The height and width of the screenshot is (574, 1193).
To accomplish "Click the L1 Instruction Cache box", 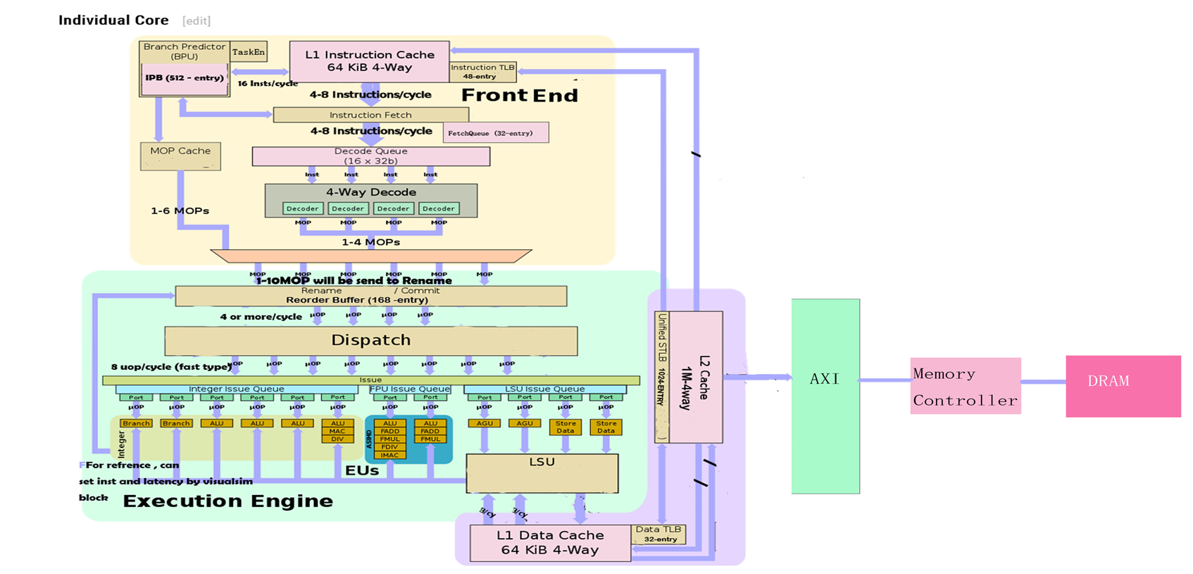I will click(370, 61).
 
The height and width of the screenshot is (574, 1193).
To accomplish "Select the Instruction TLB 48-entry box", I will click(482, 72).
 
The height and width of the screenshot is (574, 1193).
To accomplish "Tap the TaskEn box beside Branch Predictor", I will click(249, 51).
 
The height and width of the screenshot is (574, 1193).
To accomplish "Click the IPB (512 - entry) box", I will click(185, 78).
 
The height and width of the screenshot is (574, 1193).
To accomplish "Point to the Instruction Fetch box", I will click(370, 115).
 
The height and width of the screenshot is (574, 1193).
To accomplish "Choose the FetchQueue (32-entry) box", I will click(495, 133).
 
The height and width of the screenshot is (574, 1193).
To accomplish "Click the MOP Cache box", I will click(180, 156).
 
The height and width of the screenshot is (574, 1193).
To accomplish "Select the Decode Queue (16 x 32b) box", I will click(370, 156).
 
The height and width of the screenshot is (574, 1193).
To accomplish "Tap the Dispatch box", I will click(370, 340).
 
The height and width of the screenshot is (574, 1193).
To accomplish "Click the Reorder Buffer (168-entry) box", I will click(370, 296).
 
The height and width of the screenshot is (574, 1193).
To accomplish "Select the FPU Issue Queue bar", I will click(410, 389).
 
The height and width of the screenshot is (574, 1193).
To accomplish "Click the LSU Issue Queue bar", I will click(544, 389).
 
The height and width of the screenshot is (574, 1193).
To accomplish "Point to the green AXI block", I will click(825, 396).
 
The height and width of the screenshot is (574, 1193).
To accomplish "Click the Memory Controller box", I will click(965, 386).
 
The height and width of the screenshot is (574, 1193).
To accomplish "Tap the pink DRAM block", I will click(1123, 386).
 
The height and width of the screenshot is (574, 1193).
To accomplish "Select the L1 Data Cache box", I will click(550, 543).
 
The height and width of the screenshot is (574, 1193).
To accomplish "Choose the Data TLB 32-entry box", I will click(658, 534).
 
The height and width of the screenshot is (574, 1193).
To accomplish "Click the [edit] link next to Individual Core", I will click(196, 21).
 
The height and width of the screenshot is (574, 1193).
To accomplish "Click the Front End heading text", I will click(520, 96).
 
